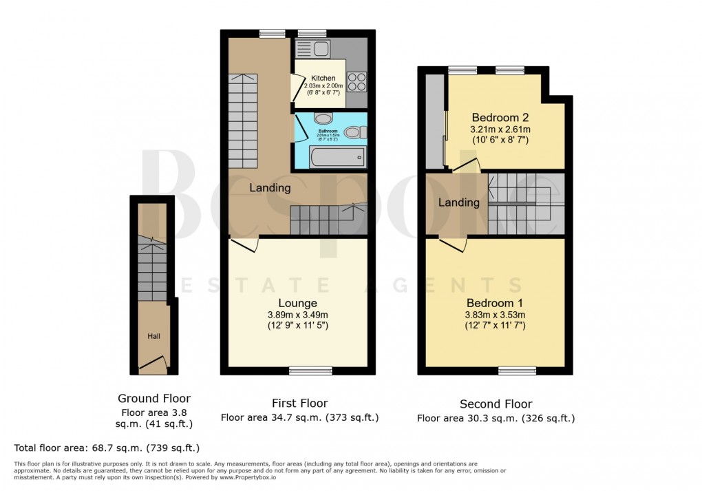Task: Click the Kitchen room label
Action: tap(323, 79)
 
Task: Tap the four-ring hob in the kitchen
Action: tap(357, 82)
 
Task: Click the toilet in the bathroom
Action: tap(354, 132)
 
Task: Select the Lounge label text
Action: tap(297, 303)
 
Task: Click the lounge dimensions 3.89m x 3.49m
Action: tap(297, 315)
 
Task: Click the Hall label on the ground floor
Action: tap(152, 336)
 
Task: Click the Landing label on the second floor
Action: tap(458, 202)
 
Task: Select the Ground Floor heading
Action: tap(154, 398)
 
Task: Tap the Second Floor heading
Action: tap(496, 404)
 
